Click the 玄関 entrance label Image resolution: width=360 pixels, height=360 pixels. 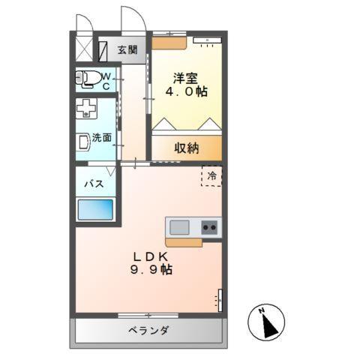127,50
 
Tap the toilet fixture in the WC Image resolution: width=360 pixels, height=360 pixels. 91,76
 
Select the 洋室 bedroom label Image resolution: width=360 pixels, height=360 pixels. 187,76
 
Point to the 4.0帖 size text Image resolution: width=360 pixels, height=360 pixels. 187,91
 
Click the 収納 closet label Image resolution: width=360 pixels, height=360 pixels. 187,148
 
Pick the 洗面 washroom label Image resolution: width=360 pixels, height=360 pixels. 103,138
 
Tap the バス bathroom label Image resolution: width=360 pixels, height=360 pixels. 93,184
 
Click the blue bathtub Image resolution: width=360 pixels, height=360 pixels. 94,209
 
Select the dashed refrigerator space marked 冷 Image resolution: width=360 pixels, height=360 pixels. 211,175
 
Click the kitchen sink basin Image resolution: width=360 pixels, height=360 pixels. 180,226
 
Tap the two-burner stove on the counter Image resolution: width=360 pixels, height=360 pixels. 208,226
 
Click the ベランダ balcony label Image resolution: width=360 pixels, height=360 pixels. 148,330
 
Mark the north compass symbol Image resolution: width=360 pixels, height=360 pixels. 268,322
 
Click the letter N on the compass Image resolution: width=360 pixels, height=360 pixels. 262,310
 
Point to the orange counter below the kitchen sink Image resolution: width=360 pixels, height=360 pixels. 184,242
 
